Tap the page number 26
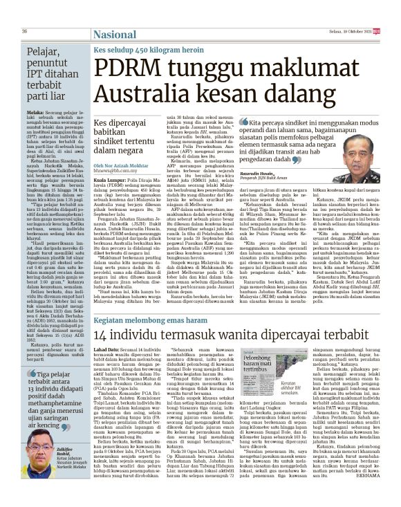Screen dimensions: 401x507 tap(24, 31)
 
